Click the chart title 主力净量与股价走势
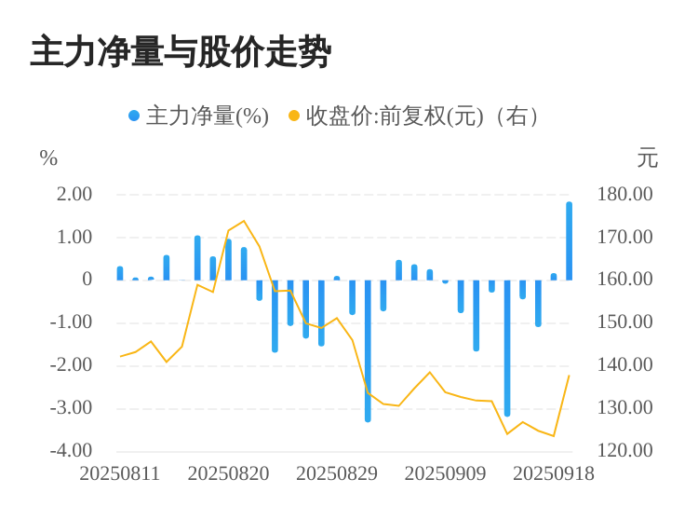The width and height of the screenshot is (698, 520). [x=181, y=52]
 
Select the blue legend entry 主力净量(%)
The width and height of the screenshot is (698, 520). [x=198, y=116]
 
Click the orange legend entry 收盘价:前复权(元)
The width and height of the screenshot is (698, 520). [x=413, y=116]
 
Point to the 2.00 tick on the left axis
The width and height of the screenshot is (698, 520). [x=74, y=194]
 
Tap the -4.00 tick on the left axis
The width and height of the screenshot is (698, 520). [x=72, y=450]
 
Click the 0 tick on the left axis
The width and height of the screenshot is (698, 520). [x=87, y=279]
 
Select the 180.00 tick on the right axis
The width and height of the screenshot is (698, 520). [x=625, y=194]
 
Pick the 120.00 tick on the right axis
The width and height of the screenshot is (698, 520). [x=625, y=450]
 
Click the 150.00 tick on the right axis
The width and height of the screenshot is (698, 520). [x=625, y=322]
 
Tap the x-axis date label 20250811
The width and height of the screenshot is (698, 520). [x=120, y=473]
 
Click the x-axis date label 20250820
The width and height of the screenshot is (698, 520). [x=228, y=473]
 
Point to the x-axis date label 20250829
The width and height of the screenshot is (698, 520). [x=337, y=473]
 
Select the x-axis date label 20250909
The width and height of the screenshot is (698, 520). [x=445, y=473]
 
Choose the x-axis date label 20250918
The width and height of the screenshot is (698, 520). [x=554, y=473]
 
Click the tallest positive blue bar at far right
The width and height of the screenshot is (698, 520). [x=569, y=240]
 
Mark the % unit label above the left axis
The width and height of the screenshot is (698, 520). [x=48, y=158]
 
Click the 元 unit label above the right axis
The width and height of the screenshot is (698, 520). [x=647, y=158]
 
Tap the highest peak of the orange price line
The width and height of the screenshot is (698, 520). [x=244, y=221]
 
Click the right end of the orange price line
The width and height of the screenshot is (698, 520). [x=569, y=376]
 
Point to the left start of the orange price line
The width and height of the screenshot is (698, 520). [x=120, y=356]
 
